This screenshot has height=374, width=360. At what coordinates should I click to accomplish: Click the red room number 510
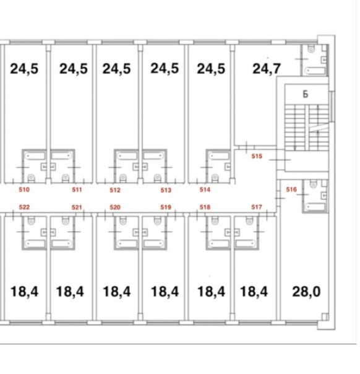[x=24, y=189]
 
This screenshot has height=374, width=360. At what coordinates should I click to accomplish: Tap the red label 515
[x=257, y=156]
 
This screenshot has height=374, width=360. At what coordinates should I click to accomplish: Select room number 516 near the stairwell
[x=291, y=189]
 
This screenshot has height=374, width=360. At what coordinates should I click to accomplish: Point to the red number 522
[x=24, y=207]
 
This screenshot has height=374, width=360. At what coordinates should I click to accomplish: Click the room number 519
[x=166, y=207]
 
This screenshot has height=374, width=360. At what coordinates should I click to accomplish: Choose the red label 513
[x=166, y=190]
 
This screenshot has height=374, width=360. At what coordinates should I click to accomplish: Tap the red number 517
[x=256, y=207]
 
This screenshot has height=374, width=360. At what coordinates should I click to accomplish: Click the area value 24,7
[x=267, y=69]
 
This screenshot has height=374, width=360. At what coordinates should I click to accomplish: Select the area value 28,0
[x=306, y=292]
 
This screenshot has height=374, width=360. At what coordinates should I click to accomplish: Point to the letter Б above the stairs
[x=305, y=95]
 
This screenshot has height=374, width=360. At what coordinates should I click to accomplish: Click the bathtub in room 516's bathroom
[x=315, y=207]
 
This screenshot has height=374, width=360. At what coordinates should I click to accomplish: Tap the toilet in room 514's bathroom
[x=215, y=178]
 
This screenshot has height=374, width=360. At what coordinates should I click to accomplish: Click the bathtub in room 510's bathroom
[x=35, y=156]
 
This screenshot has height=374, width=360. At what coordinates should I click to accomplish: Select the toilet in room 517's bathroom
[x=249, y=221]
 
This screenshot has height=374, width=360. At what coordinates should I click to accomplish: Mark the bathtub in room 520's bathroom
[x=127, y=243]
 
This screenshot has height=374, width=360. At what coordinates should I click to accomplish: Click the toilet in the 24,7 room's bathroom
[x=311, y=49]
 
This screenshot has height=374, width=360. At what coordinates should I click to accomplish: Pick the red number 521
[x=77, y=207]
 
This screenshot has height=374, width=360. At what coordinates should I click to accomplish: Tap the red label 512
[x=115, y=190]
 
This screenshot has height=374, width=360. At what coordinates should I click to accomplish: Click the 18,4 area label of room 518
[x=211, y=292]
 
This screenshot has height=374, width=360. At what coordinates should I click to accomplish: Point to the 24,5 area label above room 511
[x=74, y=69]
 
